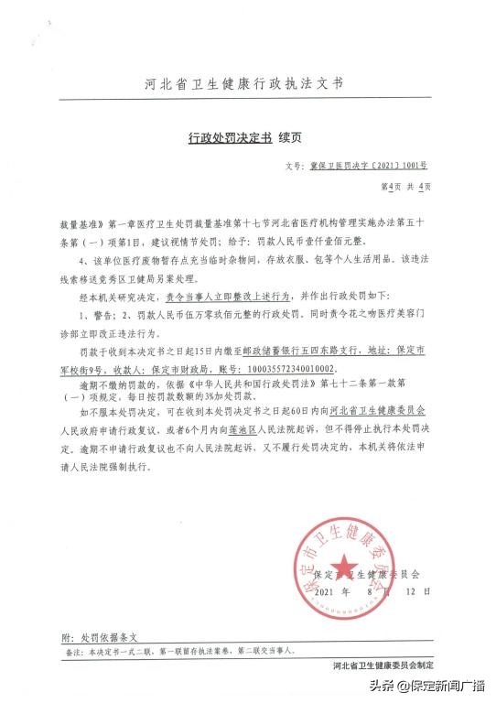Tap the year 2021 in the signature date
click(x=327, y=592)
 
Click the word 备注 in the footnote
click(x=70, y=653)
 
